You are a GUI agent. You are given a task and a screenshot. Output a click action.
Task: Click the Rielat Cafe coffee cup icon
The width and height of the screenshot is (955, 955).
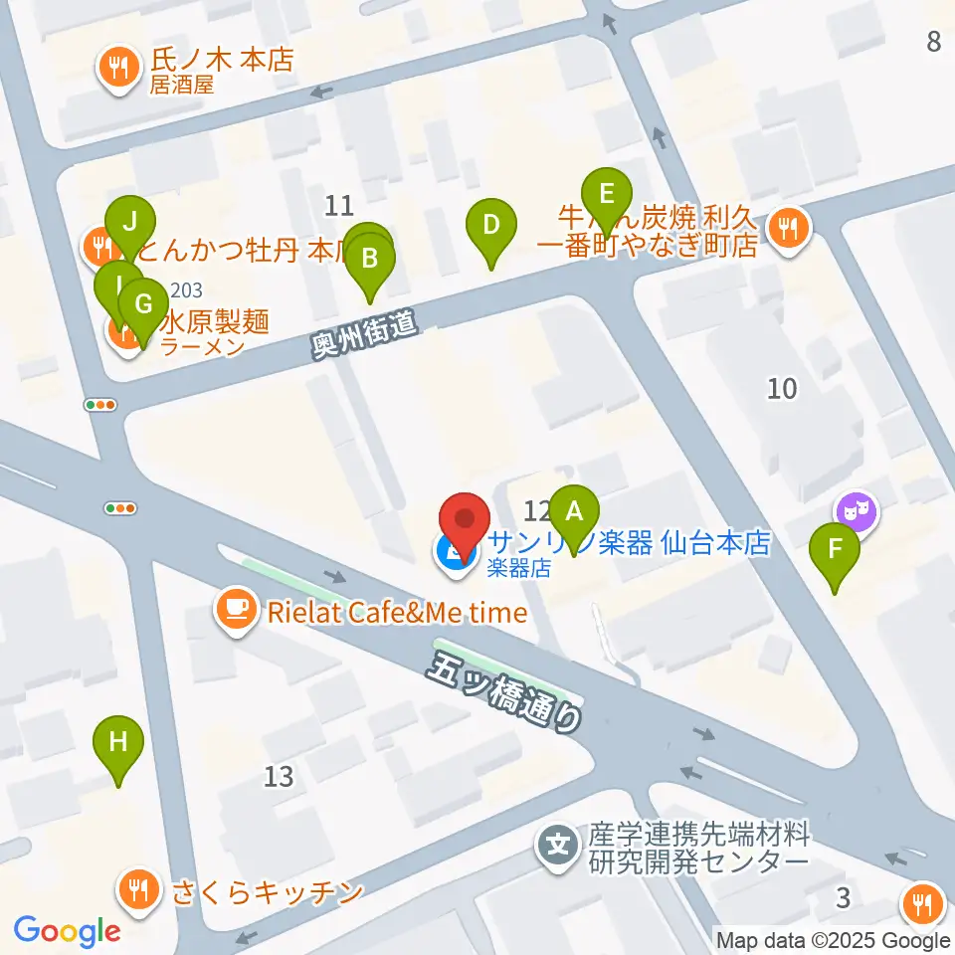236,611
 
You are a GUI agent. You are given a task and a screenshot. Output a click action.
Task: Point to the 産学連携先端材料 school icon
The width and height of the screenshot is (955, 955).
559,847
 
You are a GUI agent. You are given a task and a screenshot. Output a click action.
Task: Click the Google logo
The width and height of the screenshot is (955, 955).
67,929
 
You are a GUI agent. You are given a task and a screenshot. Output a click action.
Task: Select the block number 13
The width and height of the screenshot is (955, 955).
280,776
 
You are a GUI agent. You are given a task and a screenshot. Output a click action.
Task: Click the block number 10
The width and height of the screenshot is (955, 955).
783,388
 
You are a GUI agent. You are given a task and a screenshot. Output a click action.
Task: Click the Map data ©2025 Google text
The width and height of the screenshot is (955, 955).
834,940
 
